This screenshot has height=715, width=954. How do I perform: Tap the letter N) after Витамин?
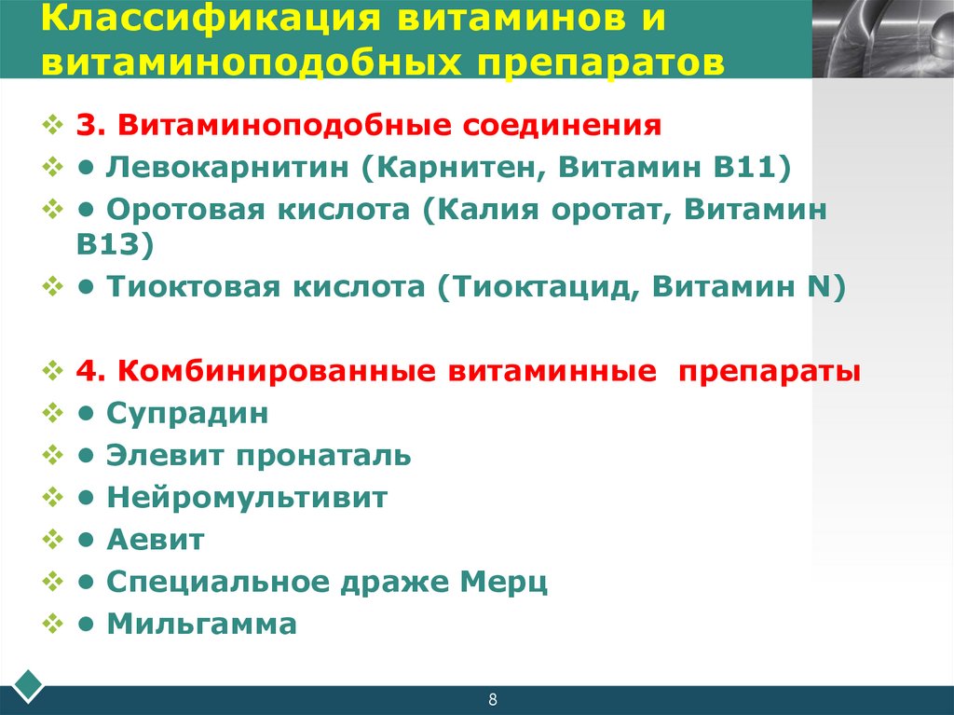pyautogui.click(x=825, y=287)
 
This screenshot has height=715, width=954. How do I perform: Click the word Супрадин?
pyautogui.click(x=187, y=413)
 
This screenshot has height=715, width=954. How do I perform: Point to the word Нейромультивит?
pyautogui.click(x=246, y=498)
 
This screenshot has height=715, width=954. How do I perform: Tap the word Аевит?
pyautogui.click(x=156, y=540)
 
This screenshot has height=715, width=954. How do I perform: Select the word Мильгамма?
pyautogui.click(x=201, y=624)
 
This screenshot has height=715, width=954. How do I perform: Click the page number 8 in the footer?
pyautogui.click(x=493, y=700)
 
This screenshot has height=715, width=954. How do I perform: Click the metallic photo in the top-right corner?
pyautogui.click(x=882, y=37)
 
